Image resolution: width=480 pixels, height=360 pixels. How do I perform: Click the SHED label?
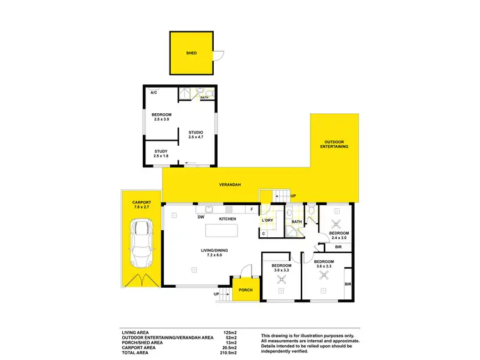click(191, 54)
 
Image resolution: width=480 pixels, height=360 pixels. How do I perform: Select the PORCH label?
click(245, 290)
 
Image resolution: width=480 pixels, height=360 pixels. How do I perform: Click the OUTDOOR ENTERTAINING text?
click(335, 145)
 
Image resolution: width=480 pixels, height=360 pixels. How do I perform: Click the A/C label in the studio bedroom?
click(154, 93)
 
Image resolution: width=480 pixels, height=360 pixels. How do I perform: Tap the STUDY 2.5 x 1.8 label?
click(161, 154)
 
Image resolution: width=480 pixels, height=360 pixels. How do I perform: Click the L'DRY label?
click(268, 221)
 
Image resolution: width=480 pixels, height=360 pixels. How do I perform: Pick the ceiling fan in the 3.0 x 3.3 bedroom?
click(281, 279)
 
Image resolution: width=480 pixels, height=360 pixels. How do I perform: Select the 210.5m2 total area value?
click(228, 353)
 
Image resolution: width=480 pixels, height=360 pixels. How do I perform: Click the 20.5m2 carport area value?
click(229, 348)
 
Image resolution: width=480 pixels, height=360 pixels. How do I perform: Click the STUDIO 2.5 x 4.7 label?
click(195, 134)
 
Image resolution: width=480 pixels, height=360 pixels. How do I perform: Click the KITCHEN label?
click(228, 219)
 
